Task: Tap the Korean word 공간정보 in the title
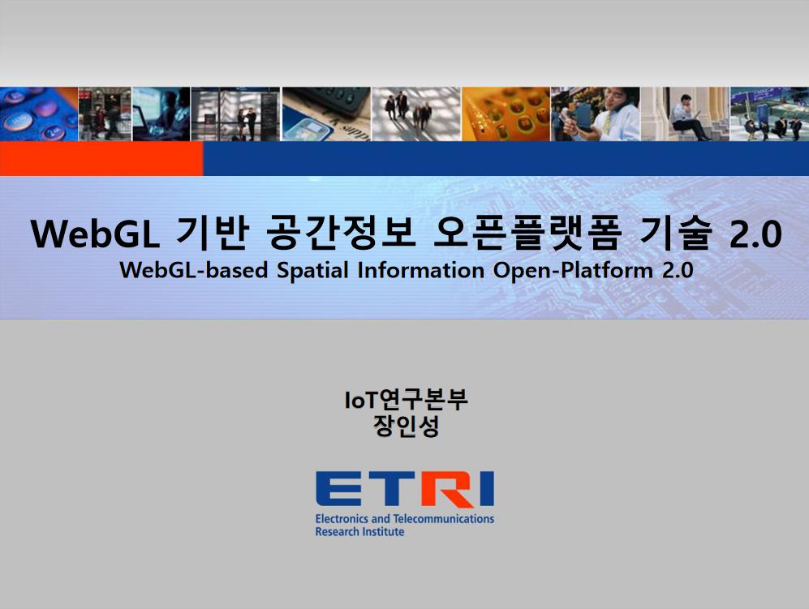(341, 234)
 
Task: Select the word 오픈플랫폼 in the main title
(527, 234)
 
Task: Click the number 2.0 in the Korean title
(756, 234)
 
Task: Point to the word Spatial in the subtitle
(312, 271)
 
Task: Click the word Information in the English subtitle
(420, 270)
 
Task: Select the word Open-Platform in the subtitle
(573, 271)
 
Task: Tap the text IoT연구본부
(406, 400)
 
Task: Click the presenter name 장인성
(406, 426)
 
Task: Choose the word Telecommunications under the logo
(444, 519)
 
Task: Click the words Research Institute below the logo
(359, 532)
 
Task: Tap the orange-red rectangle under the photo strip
(101, 159)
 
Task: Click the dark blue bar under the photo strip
(506, 159)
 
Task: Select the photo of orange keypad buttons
(506, 114)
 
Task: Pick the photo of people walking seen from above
(416, 114)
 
